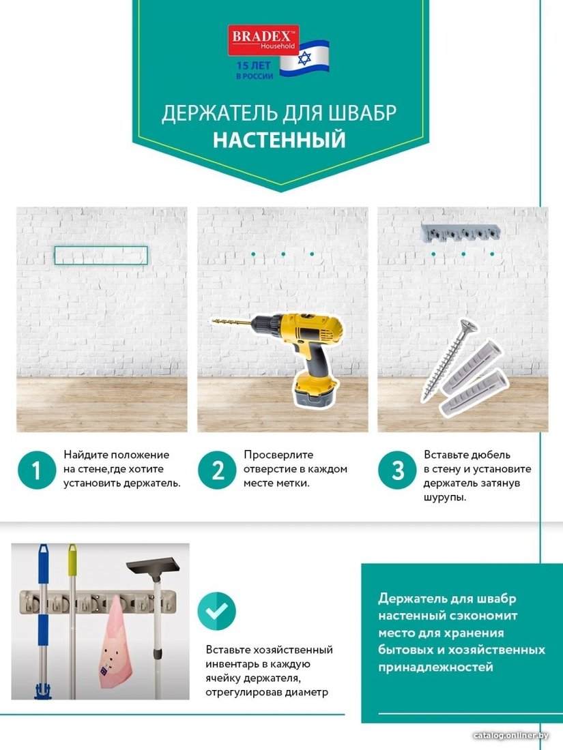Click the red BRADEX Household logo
263,40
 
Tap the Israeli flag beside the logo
304,59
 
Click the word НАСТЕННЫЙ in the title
279,140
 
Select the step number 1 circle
36,470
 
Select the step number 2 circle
217,470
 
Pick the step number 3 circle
397,470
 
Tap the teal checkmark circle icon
217,611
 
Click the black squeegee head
155,568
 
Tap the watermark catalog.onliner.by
510,735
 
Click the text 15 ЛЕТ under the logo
253,65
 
